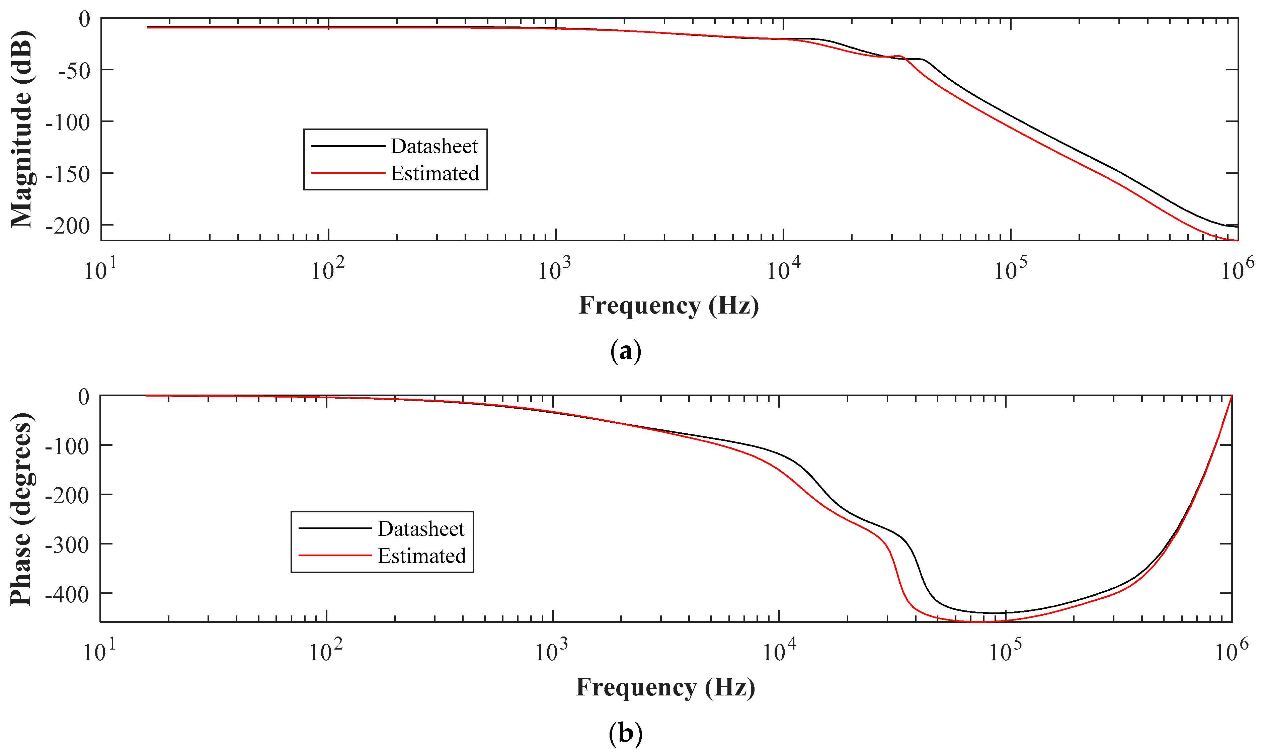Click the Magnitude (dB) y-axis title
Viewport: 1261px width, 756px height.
coord(21,129)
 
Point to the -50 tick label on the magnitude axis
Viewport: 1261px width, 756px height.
coord(74,70)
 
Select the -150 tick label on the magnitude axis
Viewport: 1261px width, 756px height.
coord(68,174)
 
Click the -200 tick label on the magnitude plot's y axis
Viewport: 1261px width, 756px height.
coord(68,226)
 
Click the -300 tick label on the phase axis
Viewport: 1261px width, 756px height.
coord(68,544)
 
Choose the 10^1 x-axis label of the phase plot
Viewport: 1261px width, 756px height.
coord(99,650)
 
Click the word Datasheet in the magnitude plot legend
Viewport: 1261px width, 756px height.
coord(434,147)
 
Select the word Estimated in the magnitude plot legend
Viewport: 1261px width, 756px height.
coord(435,174)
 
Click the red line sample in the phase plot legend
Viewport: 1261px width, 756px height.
coord(335,555)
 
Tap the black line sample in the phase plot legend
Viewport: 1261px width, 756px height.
coord(335,528)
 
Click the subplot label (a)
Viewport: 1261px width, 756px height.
coord(625,351)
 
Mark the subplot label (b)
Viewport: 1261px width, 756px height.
coord(625,734)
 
